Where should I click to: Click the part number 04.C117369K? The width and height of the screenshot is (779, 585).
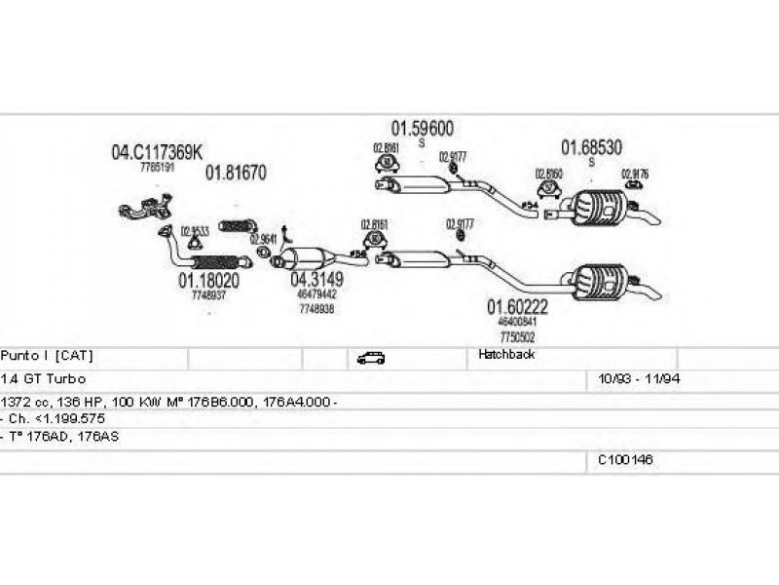click(x=157, y=152)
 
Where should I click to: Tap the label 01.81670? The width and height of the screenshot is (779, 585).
click(x=235, y=173)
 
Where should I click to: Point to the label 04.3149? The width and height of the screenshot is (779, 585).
click(x=316, y=279)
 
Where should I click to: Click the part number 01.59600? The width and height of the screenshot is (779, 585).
click(x=422, y=128)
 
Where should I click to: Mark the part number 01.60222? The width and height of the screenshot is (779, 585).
click(x=518, y=306)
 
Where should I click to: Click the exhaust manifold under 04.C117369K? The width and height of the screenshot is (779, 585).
click(x=146, y=209)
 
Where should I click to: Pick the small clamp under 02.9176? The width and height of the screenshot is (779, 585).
click(x=635, y=183)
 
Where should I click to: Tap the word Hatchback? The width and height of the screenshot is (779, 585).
click(x=506, y=355)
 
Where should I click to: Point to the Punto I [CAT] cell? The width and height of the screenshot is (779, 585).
click(x=48, y=355)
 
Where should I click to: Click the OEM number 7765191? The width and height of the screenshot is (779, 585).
click(x=157, y=168)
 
